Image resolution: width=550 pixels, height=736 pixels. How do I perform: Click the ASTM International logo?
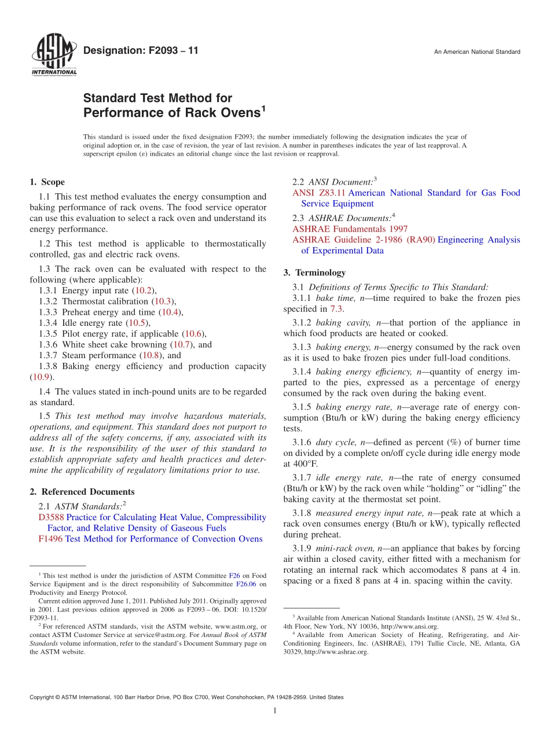(x=53, y=56)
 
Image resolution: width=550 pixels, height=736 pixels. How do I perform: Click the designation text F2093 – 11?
(x=141, y=51)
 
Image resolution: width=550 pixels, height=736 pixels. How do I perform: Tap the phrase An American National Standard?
(x=477, y=52)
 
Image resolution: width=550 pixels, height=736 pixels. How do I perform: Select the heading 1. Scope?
(x=47, y=182)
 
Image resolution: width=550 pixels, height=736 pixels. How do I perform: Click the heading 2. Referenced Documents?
(x=82, y=492)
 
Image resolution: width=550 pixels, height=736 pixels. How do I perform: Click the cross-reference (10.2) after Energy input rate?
(x=143, y=290)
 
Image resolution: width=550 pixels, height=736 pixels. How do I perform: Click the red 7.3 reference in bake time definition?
(x=336, y=309)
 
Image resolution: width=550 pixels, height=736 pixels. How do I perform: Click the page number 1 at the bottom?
(x=275, y=711)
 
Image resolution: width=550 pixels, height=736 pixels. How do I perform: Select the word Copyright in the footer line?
(x=42, y=697)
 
